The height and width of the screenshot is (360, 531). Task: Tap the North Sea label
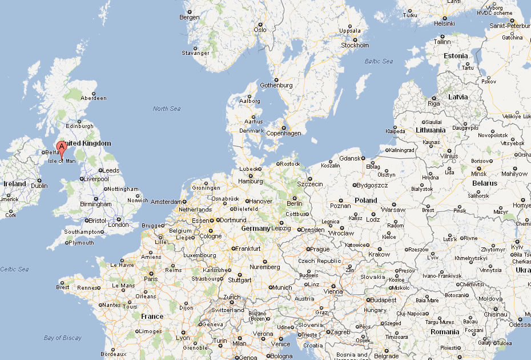tap(167, 109)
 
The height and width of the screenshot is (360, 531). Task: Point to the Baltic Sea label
tap(379, 61)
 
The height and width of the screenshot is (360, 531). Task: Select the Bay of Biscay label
tap(63, 338)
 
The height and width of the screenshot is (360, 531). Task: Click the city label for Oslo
tap(260, 30)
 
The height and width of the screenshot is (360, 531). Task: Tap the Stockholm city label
tap(356, 45)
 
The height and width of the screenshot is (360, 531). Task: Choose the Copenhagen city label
tap(284, 133)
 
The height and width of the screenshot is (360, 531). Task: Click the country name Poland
tap(365, 200)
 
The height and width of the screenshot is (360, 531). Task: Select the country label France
tap(152, 316)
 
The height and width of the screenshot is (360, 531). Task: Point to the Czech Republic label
tap(320, 261)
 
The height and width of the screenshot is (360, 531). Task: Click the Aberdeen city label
tap(94, 98)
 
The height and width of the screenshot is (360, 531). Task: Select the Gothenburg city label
tap(276, 85)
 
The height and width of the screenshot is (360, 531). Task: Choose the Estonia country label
tap(456, 55)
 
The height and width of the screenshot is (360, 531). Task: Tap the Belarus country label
tap(484, 183)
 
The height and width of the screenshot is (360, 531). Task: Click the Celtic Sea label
tap(14, 269)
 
